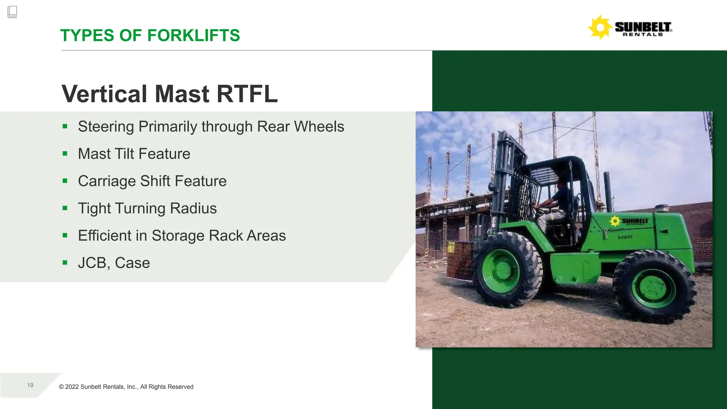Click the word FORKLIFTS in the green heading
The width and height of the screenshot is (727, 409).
tap(193, 36)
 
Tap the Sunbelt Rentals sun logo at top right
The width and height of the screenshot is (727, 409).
tap(600, 27)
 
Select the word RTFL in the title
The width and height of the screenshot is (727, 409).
tap(247, 94)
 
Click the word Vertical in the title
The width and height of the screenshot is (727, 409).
tap(104, 94)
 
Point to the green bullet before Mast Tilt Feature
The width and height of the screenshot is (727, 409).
tap(65, 154)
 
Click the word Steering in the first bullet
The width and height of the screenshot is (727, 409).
tap(106, 127)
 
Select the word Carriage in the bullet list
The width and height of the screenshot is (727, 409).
tap(107, 181)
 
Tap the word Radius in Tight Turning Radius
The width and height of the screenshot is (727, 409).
tap(193, 208)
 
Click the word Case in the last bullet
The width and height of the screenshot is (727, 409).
tap(132, 263)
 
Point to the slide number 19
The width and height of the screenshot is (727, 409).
tap(30, 385)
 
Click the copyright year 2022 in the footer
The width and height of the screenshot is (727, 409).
tap(72, 387)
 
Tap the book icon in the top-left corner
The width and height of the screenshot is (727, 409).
tap(12, 12)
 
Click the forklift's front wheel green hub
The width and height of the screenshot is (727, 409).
tap(500, 271)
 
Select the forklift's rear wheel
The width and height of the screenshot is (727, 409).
tap(654, 287)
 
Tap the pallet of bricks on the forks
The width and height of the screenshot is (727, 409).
tap(460, 260)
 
